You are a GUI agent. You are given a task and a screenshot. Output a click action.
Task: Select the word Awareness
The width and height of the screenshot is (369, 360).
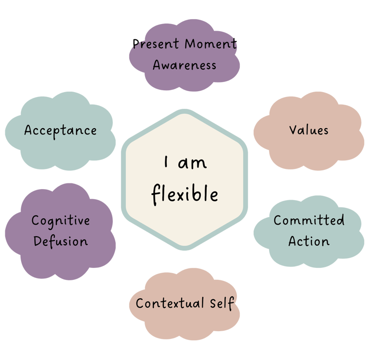pos(184,65)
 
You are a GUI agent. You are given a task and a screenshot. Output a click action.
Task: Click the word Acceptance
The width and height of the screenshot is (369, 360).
pos(61,130)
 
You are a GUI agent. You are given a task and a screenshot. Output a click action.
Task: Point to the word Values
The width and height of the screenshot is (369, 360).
pos(309,130)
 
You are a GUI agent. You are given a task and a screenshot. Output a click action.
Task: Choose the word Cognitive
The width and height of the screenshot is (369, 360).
pos(61,221)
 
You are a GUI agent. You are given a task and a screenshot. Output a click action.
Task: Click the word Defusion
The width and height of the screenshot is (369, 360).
pos(61,241)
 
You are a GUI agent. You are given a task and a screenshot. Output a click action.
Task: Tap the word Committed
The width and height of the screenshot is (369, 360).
pos(309,220)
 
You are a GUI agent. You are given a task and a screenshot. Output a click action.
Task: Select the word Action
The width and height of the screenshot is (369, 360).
pos(309,241)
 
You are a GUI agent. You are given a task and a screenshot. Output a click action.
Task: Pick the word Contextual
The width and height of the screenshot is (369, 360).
pos(165,303)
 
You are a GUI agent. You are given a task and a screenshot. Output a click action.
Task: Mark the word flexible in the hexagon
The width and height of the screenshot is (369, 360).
pos(185,194)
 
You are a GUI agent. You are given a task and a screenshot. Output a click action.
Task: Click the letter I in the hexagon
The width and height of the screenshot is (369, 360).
pos(166,163)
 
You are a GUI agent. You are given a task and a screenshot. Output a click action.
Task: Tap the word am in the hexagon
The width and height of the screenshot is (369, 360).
pos(192,163)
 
